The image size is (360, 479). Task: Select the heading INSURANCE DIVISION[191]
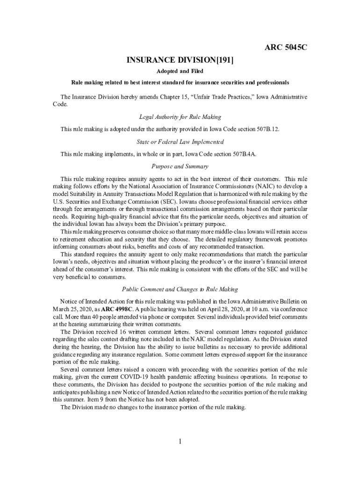pyautogui.click(x=180, y=60)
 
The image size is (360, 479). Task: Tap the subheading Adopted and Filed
pyautogui.click(x=180, y=71)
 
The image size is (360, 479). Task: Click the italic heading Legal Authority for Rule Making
pyautogui.click(x=180, y=116)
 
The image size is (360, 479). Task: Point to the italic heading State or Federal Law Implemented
pyautogui.click(x=180, y=142)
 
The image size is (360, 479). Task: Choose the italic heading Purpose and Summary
pyautogui.click(x=180, y=167)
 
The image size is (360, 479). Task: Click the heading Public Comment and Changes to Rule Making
pyautogui.click(x=180, y=289)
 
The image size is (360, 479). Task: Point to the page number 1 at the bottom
pyautogui.click(x=180, y=441)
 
